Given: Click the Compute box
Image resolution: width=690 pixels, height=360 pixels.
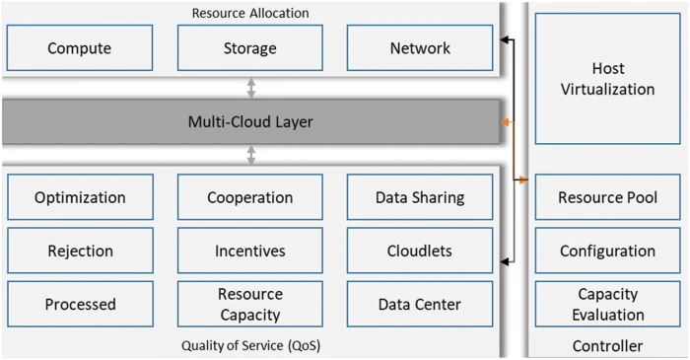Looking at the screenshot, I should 80,48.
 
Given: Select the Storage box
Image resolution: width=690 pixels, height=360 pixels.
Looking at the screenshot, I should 250,48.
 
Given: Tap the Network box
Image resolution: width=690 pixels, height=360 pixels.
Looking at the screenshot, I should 420,48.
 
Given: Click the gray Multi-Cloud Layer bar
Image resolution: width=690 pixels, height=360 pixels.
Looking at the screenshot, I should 250,122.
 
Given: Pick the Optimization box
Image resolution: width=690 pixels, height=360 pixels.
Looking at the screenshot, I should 80,197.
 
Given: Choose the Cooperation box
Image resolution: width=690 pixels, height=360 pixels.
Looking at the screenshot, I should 250,197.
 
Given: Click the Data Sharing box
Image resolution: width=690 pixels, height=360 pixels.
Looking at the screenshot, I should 420,197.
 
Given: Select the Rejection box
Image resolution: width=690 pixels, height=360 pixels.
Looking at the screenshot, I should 80,251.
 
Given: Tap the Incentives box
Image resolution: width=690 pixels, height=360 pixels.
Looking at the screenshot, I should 250,251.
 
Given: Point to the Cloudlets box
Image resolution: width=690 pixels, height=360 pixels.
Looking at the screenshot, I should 420,251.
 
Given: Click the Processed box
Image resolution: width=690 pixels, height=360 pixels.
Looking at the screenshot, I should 80,305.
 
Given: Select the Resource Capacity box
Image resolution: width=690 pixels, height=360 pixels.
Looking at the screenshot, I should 250,305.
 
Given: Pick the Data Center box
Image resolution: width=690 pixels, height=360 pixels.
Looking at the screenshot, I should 420,305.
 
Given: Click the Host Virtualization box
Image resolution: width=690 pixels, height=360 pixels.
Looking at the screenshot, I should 608,79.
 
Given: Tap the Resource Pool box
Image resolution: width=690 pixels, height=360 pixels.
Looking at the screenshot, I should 608,197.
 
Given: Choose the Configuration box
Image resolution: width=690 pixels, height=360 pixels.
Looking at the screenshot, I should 608,251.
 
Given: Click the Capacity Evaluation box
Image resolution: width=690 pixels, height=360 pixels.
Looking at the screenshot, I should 608,305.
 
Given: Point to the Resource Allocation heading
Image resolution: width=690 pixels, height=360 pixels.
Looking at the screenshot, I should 250,13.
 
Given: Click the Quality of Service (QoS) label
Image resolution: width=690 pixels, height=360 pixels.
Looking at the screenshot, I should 250,345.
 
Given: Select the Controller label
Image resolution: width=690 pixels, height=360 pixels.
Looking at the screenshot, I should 608,346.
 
